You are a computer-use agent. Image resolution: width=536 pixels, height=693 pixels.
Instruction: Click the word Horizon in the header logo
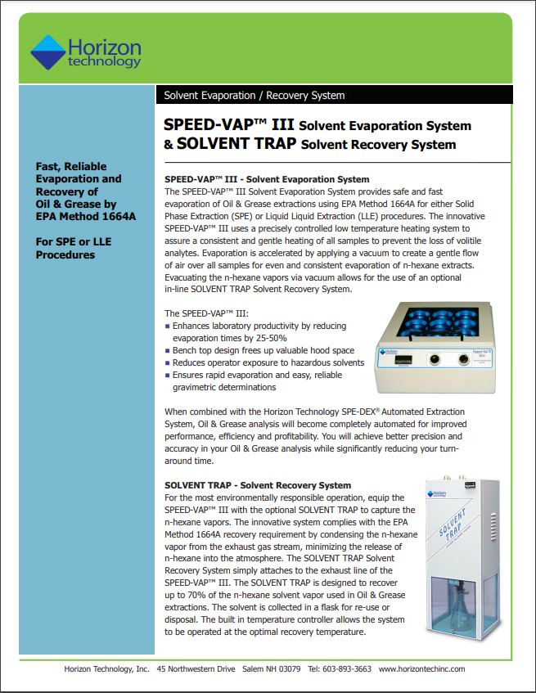104,48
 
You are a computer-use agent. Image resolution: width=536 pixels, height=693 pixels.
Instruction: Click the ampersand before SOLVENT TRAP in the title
169,144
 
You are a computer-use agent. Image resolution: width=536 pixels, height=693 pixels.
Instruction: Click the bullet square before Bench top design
168,350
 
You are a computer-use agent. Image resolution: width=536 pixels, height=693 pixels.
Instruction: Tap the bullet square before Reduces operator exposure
168,362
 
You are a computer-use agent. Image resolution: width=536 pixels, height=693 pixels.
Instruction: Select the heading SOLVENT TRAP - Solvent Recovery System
258,485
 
